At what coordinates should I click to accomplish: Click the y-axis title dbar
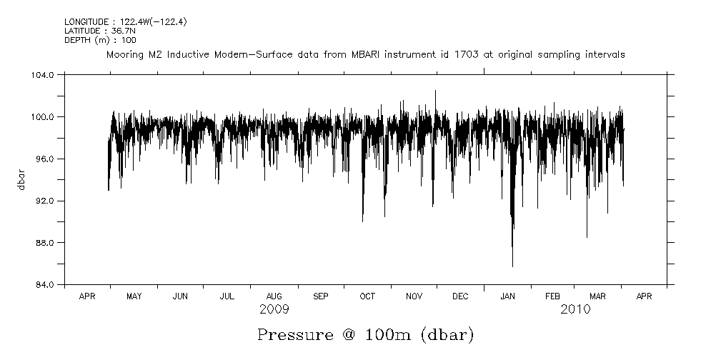coord(22,179)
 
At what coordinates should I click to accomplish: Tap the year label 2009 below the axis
coord(275,309)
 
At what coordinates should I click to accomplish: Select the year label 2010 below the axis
coord(575,309)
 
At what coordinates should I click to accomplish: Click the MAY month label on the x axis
coord(134,296)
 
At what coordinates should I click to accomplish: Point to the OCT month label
coord(367,296)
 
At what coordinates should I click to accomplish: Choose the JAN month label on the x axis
coord(507,296)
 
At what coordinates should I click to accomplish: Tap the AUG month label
coord(274,296)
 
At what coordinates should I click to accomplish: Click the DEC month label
coord(461,296)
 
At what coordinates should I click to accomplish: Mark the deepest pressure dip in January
coord(512,266)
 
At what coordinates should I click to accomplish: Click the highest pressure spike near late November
coord(435,91)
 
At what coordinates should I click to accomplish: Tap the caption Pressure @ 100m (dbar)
coord(365,334)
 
